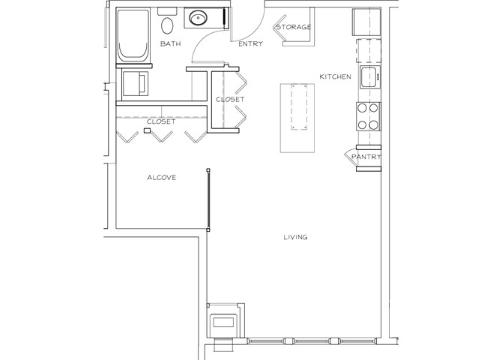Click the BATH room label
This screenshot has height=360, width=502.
coord(170,43)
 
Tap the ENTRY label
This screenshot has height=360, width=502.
coord(251,43)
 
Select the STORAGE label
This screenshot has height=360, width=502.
coord(294,27)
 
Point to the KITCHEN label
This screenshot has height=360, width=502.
coord(335,76)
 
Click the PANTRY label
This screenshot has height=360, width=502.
coord(366,157)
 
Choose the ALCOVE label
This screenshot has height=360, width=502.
coord(162,177)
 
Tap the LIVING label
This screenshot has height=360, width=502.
coord(295,237)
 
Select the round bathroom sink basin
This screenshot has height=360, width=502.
coord(198,17)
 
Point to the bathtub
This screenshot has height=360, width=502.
coord(133,35)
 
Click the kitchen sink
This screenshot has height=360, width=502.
coord(370,77)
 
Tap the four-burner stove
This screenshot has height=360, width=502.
coord(368,116)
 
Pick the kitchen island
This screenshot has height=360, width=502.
coord(297,118)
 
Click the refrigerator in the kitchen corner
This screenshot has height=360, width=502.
coord(366,22)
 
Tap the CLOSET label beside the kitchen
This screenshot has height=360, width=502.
coord(230,100)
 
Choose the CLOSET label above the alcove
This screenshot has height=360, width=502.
coord(161,121)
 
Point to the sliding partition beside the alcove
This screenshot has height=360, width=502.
coord(208,199)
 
